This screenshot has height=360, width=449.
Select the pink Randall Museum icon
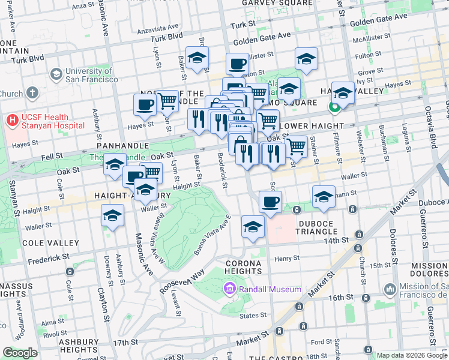click(x=229, y=290)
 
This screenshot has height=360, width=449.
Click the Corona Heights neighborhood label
click(x=243, y=267)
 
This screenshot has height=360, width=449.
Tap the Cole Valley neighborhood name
click(x=50, y=243)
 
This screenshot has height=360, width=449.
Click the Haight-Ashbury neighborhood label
click(x=133, y=196)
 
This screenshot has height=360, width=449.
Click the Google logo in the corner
click(x=20, y=353)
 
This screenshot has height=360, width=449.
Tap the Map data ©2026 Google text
click(x=411, y=355)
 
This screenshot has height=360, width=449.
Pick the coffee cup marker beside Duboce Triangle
click(x=270, y=202)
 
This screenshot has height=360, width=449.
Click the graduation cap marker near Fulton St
click(x=306, y=59)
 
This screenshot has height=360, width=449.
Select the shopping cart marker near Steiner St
click(x=295, y=146)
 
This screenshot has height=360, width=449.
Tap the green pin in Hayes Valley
click(x=334, y=107)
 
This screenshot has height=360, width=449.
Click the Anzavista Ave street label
click(x=158, y=27)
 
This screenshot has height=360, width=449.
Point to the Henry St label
click(x=287, y=258)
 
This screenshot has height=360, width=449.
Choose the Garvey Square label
click(x=271, y=3)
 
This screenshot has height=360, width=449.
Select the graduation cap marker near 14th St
click(x=253, y=227)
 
